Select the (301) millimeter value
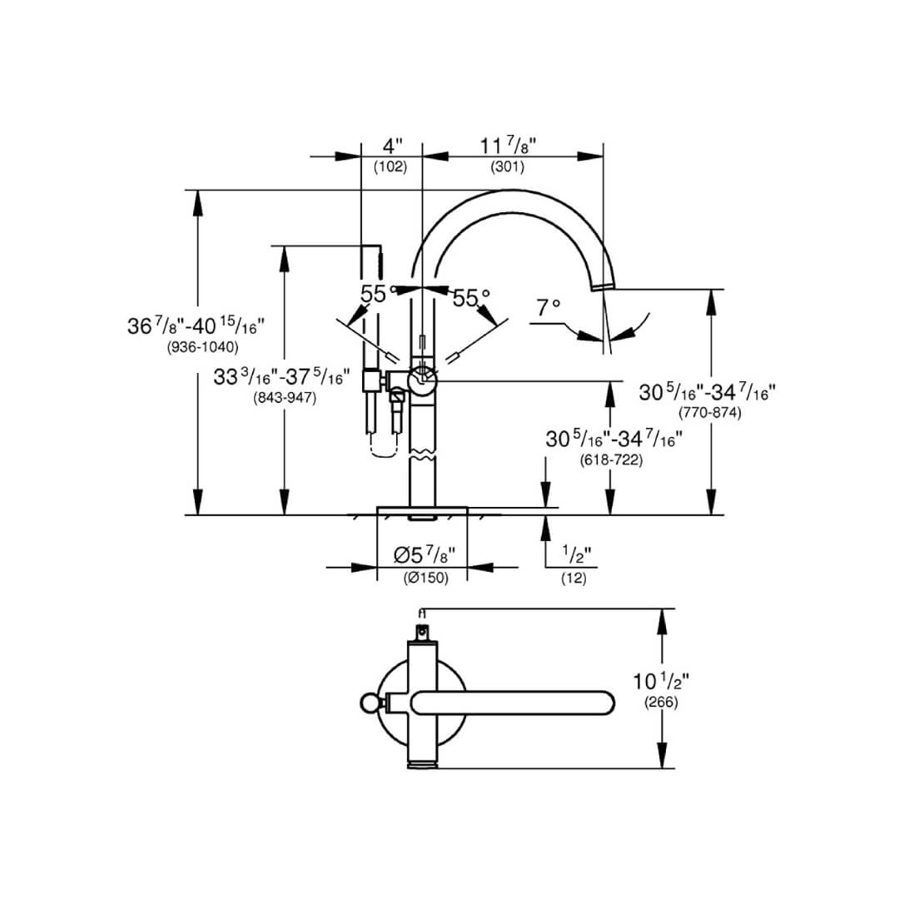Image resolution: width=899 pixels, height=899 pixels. pos(507,166)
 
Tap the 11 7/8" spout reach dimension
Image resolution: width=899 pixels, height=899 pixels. pos(507,146)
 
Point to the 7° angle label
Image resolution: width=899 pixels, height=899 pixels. pos(549,307)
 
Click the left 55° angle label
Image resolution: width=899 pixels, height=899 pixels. pos(375,294)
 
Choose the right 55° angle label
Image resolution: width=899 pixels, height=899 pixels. pos(471,297)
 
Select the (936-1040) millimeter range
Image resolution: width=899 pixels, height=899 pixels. pos(203,347)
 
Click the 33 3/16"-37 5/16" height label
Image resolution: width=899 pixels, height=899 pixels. pos(278,378)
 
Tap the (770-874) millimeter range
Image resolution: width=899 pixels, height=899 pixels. pos(709,412)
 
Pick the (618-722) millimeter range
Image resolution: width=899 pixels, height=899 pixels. pos(611,459)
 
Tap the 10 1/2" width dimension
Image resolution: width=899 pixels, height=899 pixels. pos(661,682)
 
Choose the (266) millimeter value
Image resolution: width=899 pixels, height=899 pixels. pos(661,703)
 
